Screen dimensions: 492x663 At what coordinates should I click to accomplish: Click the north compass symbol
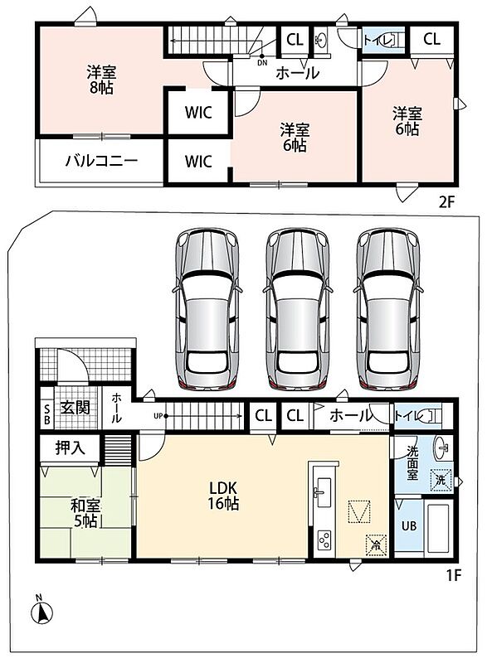(x=41, y=612)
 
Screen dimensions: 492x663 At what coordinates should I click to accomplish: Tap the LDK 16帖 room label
(x=223, y=496)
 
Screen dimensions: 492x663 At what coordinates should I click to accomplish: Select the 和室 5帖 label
(x=85, y=513)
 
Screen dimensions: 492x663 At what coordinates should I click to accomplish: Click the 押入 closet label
(x=71, y=448)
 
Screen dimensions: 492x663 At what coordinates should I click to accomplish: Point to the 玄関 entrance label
(x=75, y=408)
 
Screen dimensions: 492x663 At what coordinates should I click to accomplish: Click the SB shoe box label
(x=46, y=415)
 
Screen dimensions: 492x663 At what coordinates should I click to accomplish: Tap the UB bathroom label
(x=409, y=526)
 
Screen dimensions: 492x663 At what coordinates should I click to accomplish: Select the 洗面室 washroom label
(x=412, y=463)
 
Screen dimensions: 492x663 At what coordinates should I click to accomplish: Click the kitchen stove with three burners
(x=324, y=540)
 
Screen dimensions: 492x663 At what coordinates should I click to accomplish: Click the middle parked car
(x=297, y=308)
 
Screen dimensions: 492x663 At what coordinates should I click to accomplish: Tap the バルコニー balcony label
(x=101, y=161)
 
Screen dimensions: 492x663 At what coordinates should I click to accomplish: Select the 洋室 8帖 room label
(x=101, y=80)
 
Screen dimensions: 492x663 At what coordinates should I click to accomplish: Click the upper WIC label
(x=198, y=113)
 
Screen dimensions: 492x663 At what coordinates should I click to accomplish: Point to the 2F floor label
(x=446, y=202)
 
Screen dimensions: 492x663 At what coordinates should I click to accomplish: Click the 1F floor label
(x=454, y=575)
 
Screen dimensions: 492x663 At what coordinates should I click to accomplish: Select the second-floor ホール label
(x=297, y=74)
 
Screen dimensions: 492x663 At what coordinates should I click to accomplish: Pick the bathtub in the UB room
(x=438, y=528)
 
